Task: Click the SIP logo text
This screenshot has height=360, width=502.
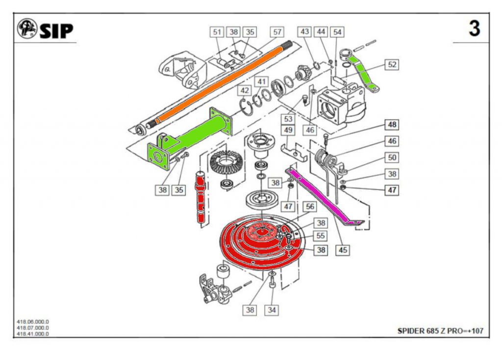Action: click(56, 30)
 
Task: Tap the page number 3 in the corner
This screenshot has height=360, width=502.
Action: click(474, 29)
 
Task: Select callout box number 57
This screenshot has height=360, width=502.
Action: click(277, 32)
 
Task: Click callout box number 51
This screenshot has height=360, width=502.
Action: click(217, 32)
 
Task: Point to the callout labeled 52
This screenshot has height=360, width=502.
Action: click(392, 64)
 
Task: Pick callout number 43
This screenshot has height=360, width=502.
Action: click(305, 31)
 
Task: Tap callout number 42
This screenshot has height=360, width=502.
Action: click(245, 91)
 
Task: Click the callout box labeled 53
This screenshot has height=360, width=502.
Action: click(288, 119)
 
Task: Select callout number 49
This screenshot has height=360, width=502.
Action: click(288, 130)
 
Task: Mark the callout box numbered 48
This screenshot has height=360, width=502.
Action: click(392, 125)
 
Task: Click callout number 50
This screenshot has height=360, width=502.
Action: click(392, 158)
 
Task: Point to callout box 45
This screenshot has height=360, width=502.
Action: click(343, 250)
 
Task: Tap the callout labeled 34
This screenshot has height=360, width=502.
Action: click(272, 309)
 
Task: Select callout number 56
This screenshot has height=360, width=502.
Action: click(310, 206)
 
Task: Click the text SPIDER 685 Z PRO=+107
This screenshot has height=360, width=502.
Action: click(440, 331)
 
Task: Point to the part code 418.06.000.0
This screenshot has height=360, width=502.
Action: click(33, 322)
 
